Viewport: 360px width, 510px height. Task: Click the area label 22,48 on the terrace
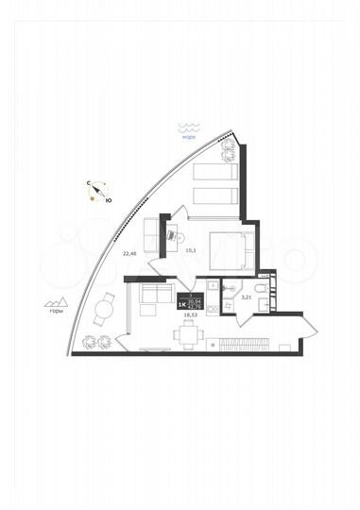tap(130, 253)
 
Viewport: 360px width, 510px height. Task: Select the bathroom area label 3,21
tap(247, 298)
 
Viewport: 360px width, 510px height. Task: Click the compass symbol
tap(95, 192)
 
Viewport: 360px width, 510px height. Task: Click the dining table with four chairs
tap(191, 333)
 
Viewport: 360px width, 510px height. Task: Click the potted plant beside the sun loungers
tap(228, 151)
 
